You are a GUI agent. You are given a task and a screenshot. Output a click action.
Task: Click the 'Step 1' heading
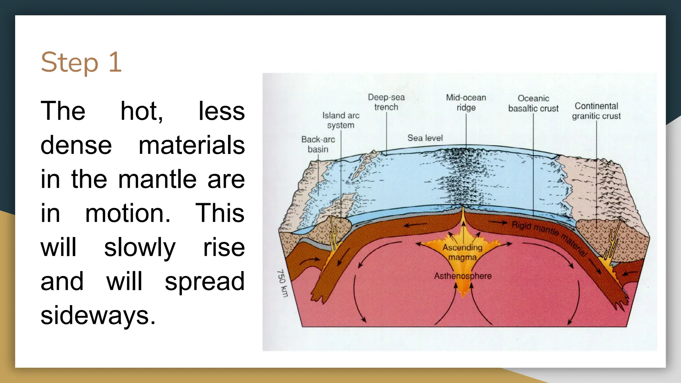81,62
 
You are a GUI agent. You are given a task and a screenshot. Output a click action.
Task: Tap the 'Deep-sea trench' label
386,102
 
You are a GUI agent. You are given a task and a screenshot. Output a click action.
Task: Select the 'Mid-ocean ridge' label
466,102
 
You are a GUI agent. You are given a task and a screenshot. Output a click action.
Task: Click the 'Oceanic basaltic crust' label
533,103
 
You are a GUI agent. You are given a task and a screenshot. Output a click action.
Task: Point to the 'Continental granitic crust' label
596,111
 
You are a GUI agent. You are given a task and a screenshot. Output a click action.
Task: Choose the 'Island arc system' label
341,120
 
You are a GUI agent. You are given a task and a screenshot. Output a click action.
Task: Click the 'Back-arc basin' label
318,144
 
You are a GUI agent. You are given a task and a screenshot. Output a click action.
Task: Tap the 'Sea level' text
425,138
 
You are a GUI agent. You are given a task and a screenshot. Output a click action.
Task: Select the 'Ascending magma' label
462,252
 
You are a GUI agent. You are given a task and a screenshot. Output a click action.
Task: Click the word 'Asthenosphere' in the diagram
463,276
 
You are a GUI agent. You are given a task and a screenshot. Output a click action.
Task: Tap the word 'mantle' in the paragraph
157,179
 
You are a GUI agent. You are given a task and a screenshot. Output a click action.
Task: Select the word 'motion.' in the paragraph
128,213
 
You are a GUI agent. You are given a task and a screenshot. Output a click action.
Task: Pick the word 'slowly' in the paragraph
140,248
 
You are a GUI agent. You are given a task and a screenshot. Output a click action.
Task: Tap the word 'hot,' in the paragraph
142,111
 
